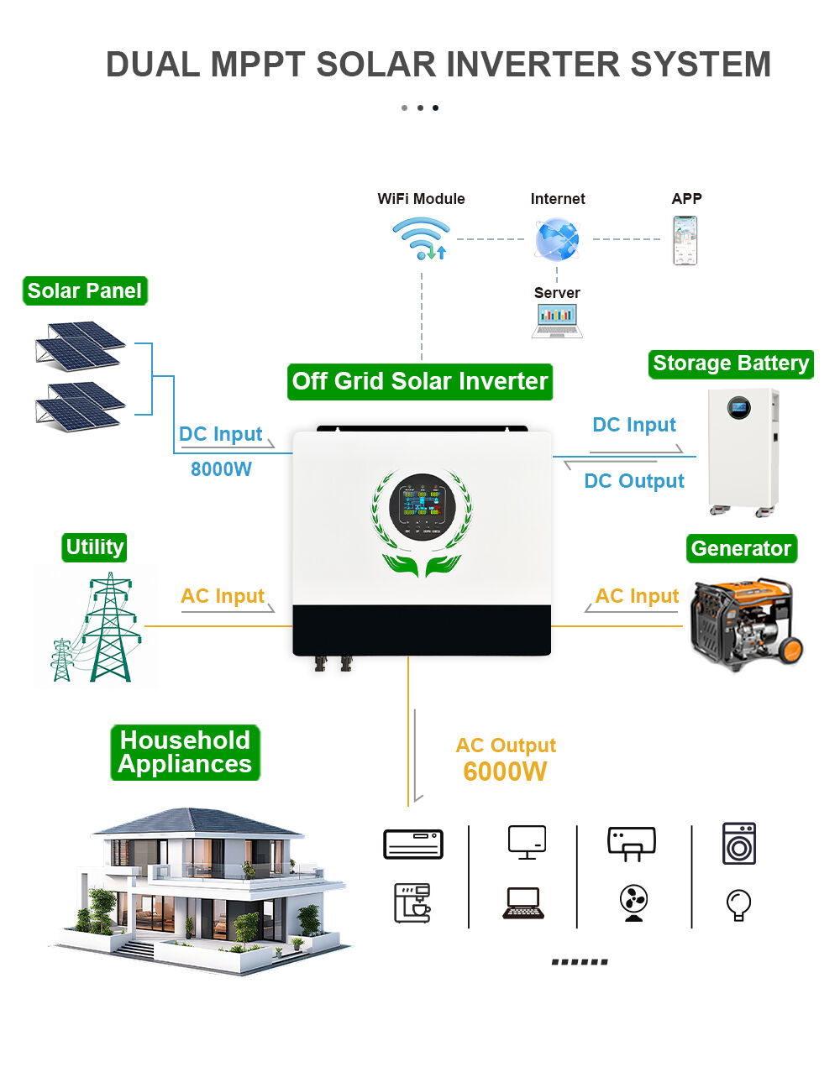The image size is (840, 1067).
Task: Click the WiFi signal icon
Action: (x=421, y=238)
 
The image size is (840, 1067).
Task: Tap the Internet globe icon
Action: (x=557, y=239)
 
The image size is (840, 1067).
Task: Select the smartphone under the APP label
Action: (x=685, y=240)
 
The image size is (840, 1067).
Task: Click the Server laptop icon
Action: (x=557, y=321)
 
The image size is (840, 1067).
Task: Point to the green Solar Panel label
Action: (x=85, y=291)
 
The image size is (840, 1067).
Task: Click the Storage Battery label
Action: (x=731, y=364)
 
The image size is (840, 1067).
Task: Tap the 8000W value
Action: (x=221, y=469)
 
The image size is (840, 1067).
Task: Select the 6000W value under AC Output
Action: (x=505, y=771)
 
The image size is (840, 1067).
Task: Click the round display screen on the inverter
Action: (x=422, y=506)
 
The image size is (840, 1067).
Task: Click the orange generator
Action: (x=745, y=622)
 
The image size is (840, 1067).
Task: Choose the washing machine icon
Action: (x=739, y=844)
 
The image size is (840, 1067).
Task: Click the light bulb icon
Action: (x=738, y=905)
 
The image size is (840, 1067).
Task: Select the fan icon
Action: (x=633, y=903)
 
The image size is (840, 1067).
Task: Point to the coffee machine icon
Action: (x=412, y=903)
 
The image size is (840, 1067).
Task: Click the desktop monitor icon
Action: (x=527, y=842)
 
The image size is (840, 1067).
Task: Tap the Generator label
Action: (x=741, y=549)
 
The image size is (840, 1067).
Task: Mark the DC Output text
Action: (x=634, y=481)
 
